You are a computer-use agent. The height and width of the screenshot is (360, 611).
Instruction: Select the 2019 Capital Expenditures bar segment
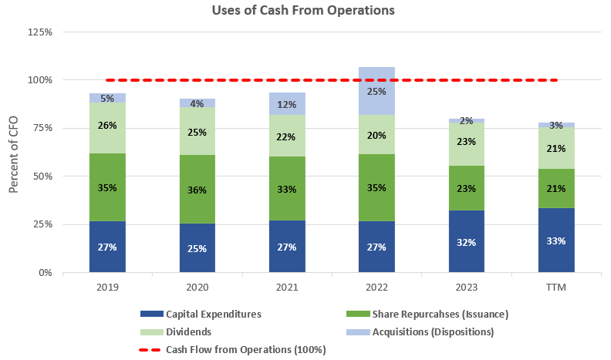(107, 247)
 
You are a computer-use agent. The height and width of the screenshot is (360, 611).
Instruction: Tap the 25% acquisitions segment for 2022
(377, 91)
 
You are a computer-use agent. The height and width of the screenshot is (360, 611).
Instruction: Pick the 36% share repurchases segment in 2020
(197, 189)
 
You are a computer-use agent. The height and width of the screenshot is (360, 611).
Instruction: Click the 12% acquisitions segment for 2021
(287, 103)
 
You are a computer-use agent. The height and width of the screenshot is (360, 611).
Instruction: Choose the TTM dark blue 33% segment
(556, 241)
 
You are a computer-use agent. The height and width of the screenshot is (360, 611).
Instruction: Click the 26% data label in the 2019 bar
(107, 126)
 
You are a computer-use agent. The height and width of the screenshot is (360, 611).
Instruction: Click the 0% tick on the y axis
(45, 273)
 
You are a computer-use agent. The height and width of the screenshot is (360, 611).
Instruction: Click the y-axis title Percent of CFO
(13, 153)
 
